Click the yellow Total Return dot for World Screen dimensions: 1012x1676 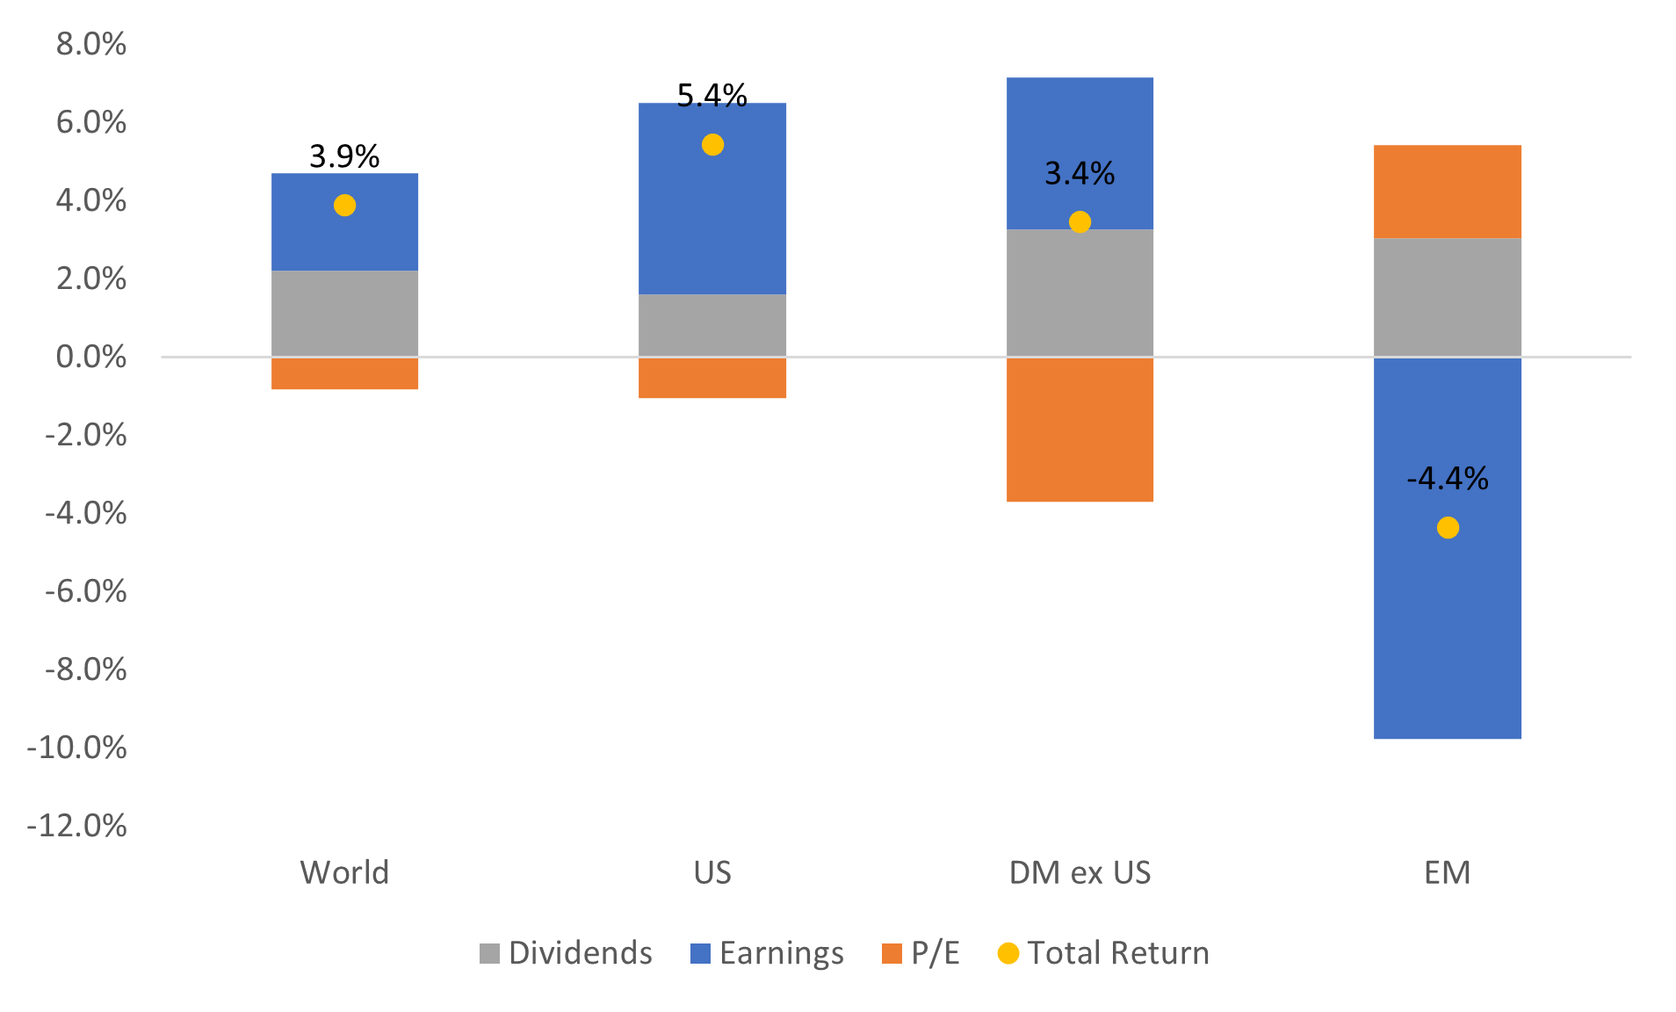click(344, 206)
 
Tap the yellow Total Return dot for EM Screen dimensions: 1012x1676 click(1448, 528)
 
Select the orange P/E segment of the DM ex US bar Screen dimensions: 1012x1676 click(1080, 430)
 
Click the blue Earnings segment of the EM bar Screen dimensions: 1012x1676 click(1448, 632)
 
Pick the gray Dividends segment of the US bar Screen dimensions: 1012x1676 click(712, 325)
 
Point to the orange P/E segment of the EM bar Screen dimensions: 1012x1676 click(1448, 192)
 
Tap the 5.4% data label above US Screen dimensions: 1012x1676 click(712, 95)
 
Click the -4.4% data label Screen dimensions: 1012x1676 click(1448, 479)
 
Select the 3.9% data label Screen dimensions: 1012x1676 click(344, 156)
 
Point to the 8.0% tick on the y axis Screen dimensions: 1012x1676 click(91, 44)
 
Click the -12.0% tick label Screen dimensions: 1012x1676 click(77, 826)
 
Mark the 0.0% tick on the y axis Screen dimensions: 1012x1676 click(91, 357)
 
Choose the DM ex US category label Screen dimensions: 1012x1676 click(1080, 872)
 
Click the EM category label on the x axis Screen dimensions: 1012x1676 click(1448, 872)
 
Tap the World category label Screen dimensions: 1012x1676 click(344, 872)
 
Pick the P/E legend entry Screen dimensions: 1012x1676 click(921, 953)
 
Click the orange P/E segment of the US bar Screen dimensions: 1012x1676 click(712, 378)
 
